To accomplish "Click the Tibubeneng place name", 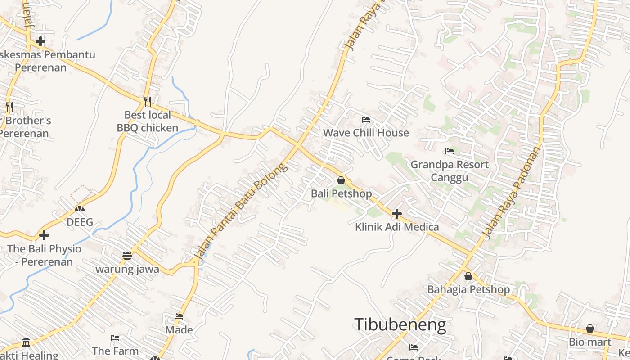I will pos(400,324).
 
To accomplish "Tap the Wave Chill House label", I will pos(366,133).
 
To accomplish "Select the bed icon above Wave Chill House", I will pos(366,120).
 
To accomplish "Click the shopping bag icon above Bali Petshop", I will pos(341,180).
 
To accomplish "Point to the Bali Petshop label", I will pos(342,193).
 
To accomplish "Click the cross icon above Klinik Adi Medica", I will pos(396,213).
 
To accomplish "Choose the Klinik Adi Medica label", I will pos(397,227).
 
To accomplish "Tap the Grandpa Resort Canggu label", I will pos(450,171).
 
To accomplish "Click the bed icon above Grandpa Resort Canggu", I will pos(449,151).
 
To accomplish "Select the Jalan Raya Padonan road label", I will pos(511,192).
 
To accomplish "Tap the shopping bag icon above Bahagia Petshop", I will pos(468,276).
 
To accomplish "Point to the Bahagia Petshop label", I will pos(468,289).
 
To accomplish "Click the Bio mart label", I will pos(590,342).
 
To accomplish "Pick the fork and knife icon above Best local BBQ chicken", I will pos(147,101).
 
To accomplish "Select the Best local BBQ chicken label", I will pos(148,121).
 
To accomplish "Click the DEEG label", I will pos(80,222).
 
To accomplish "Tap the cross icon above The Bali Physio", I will pos(44,235).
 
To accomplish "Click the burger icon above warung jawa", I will pos(127,256).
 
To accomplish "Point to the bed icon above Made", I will pos(179,316).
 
